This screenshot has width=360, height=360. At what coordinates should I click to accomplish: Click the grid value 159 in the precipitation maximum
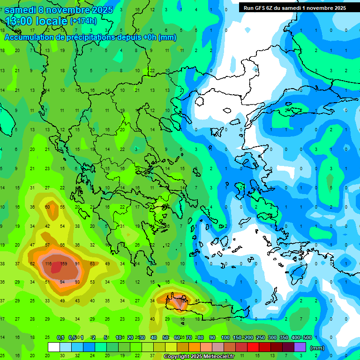click(64, 264)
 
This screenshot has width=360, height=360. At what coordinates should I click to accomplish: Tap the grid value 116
click(47, 264)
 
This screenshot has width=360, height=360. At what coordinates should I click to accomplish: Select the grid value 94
click(62, 282)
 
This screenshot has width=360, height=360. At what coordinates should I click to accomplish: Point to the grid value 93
click(77, 282)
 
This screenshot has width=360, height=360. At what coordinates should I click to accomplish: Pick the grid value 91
click(77, 264)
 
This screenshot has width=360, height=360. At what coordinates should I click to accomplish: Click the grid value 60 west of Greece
click(47, 207)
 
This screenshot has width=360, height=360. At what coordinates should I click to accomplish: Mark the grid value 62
click(32, 264)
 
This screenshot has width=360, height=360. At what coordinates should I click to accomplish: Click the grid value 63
click(92, 264)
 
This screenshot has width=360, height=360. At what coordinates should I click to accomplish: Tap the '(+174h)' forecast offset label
click(83, 21)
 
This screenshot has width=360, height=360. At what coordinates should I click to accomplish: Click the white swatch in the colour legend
click(54, 347)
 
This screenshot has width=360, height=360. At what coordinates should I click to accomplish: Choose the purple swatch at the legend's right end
click(300, 347)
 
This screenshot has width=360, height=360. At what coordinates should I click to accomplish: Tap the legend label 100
click(225, 337)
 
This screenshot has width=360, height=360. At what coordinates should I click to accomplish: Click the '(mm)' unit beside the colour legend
click(318, 348)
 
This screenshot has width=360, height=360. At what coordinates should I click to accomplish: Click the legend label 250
click(260, 337)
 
